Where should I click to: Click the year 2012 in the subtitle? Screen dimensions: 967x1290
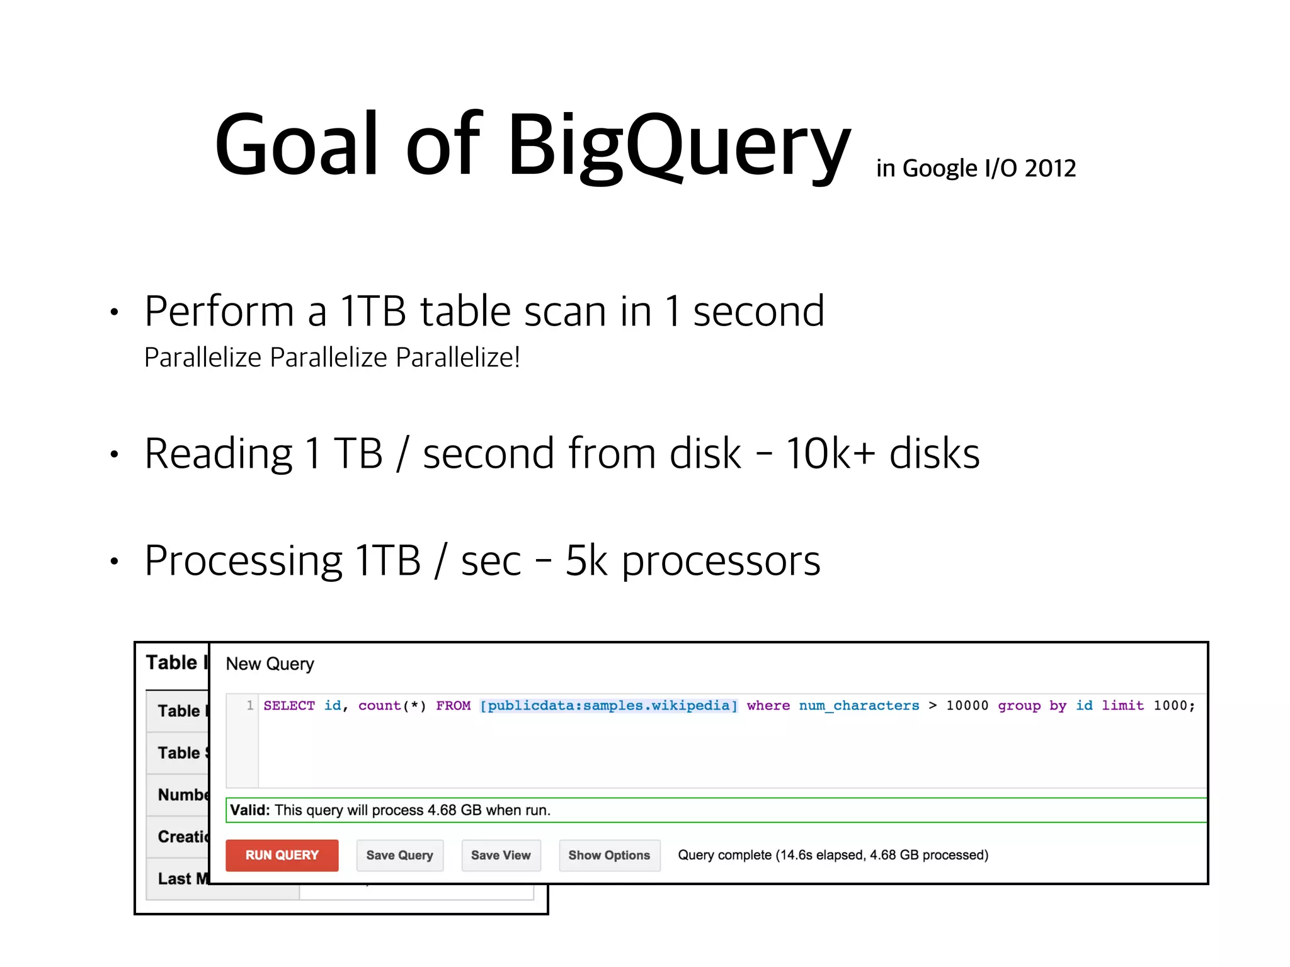coord(1050,169)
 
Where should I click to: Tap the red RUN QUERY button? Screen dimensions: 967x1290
coord(282,855)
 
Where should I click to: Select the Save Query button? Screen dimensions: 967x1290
coord(399,855)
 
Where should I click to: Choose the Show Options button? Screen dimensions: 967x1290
coord(608,855)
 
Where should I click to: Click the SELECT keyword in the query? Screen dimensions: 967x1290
coord(289,706)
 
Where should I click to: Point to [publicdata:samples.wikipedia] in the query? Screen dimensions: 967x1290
coord(608,706)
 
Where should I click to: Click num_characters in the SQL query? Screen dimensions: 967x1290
coord(859,706)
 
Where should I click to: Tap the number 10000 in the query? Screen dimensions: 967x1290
coord(967,706)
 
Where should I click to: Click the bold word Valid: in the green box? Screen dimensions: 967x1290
coord(249,810)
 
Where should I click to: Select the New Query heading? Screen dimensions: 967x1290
coord(270,664)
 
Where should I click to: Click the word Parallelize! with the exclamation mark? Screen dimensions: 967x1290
coord(458,358)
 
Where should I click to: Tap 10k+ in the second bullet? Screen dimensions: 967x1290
coord(830,453)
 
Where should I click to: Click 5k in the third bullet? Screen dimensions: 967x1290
coord(586,560)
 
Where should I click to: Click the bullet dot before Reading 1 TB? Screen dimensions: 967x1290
coord(114,454)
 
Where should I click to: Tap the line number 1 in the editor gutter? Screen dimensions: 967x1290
coord(250,705)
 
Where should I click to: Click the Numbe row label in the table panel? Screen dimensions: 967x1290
coord(181,795)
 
